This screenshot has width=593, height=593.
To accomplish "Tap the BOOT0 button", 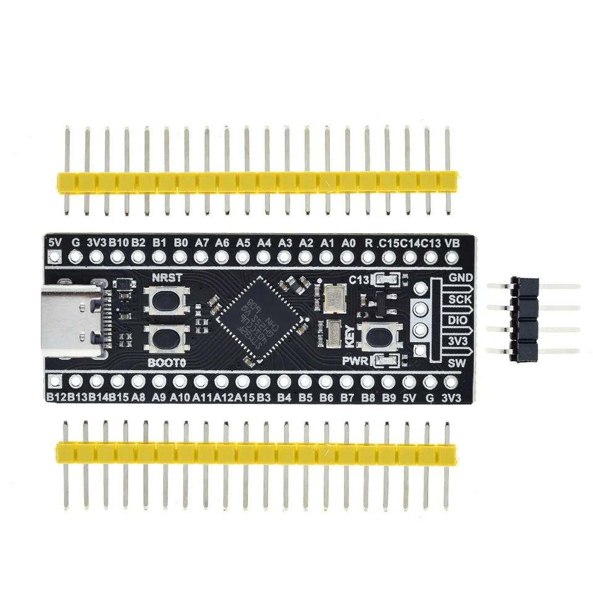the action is pyautogui.click(x=164, y=337).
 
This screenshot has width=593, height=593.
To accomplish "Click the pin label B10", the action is pyautogui.click(x=118, y=242).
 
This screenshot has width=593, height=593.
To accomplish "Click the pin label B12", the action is pyautogui.click(x=56, y=398).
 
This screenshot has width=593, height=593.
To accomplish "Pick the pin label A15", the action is pyautogui.click(x=244, y=398).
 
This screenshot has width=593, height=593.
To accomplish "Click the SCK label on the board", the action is pyautogui.click(x=458, y=298).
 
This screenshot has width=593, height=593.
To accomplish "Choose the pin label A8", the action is pyautogui.click(x=138, y=398).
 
